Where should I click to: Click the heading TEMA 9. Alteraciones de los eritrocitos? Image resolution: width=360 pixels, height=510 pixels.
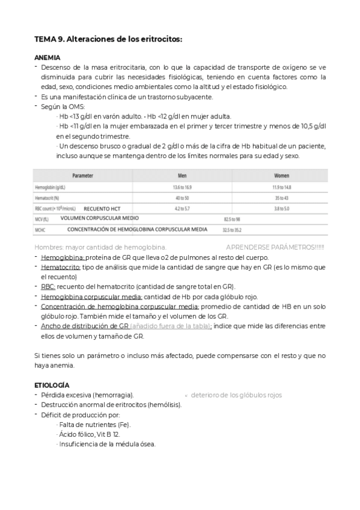(108, 39)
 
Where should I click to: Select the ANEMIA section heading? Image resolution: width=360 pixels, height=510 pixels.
(47, 58)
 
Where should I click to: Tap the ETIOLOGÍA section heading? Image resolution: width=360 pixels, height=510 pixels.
(52, 384)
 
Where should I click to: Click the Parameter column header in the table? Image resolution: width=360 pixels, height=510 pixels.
(82, 176)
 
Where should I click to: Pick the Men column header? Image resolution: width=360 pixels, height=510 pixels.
(183, 176)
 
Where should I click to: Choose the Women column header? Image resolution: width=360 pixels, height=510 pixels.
(282, 176)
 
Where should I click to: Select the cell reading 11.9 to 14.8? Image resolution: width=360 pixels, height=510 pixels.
(282, 187)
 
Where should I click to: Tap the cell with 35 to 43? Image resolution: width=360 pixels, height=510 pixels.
(282, 197)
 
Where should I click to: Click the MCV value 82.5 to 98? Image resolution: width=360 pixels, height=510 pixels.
(231, 220)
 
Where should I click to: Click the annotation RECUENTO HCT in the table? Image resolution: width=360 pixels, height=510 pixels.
(102, 208)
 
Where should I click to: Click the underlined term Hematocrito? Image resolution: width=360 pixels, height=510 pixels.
(61, 266)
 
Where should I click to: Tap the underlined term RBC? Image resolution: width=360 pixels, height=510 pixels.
(48, 286)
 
